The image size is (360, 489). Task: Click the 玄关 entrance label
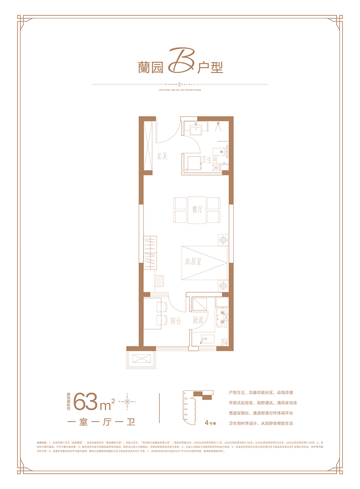coord(162,156)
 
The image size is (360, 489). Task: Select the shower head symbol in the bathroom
coord(220,126)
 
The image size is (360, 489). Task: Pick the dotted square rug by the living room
coord(160,281)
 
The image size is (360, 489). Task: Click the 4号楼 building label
coord(210,423)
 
